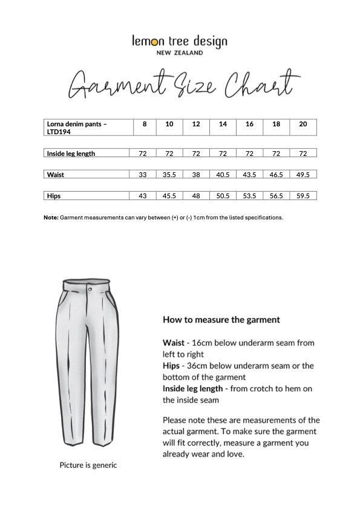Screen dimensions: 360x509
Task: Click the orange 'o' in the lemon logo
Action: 155,42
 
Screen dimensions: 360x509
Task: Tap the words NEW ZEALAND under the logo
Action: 180,53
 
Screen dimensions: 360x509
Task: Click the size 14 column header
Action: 223,124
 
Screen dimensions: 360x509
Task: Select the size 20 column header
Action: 303,124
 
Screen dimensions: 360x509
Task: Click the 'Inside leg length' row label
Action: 71,154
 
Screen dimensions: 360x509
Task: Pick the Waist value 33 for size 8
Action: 143,175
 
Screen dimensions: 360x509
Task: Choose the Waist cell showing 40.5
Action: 223,175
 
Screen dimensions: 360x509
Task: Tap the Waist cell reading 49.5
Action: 303,175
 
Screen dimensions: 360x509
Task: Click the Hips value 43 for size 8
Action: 143,196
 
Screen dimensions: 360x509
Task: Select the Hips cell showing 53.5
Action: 249,196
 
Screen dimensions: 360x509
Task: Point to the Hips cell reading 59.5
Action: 303,196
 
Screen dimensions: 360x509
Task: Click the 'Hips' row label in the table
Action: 54,196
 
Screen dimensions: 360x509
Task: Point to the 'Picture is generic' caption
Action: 88,465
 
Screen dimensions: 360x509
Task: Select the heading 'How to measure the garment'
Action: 221,319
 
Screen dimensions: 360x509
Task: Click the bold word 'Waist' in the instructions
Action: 174,343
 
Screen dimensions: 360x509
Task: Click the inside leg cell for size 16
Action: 249,154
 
